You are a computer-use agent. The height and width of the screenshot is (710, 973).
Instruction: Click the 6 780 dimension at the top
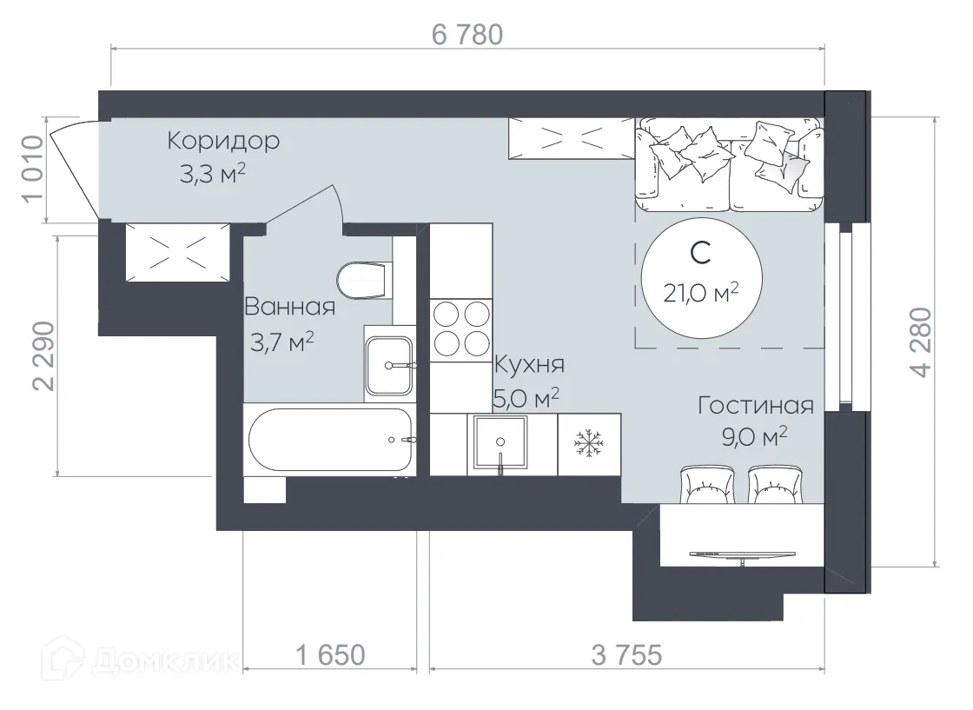point(467,35)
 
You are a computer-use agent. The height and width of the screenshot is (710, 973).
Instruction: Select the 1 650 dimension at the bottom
point(329,654)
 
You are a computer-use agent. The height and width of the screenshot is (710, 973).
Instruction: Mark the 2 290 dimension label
point(43,357)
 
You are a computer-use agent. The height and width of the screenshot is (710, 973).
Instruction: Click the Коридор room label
point(223,140)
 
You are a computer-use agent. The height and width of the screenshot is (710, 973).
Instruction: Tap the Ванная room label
point(289,307)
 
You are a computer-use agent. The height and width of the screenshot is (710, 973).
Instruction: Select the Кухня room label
point(529,364)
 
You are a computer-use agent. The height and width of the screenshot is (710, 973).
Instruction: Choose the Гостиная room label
point(755,407)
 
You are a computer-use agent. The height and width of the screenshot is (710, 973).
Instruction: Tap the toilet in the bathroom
point(361,279)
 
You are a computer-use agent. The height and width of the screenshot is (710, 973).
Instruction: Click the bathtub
point(329,440)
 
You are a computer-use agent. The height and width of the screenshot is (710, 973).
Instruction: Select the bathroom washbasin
point(389,366)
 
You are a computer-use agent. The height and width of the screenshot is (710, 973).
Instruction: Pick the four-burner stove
point(461,328)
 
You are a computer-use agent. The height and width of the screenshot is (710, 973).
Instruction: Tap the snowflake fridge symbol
point(589,444)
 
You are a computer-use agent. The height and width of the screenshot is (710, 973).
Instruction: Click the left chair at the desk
point(711,486)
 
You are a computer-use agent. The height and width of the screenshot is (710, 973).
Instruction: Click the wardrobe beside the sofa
point(571,138)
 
